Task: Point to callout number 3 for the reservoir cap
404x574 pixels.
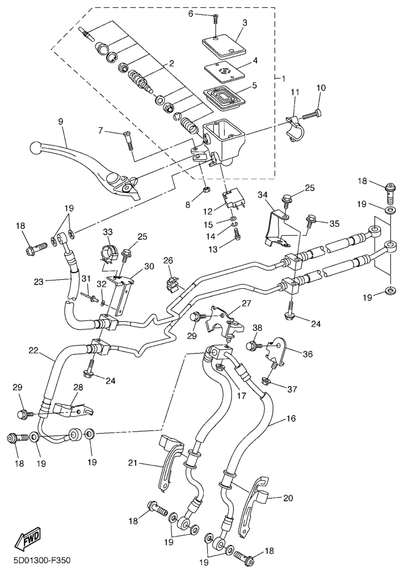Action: [244, 23]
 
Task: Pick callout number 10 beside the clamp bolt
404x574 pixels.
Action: [321, 88]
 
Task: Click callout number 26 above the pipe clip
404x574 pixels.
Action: [168, 260]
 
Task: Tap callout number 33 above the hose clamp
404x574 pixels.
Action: [108, 232]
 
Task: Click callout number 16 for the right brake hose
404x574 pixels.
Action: [291, 419]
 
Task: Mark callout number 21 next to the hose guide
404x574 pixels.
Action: [133, 464]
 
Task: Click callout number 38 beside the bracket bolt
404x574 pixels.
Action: [257, 328]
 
